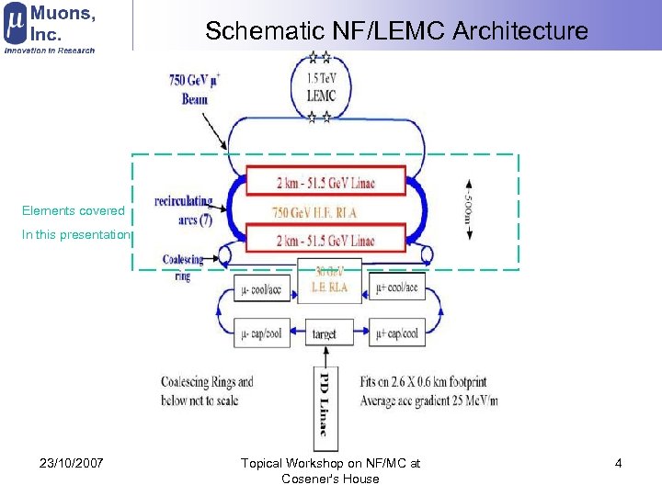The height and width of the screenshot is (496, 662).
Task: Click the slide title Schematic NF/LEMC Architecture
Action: click(396, 30)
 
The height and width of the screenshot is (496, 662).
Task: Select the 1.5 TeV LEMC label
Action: click(321, 88)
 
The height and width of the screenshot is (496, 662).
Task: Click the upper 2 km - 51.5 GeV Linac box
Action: click(325, 182)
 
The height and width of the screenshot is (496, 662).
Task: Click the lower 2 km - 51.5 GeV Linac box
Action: click(325, 241)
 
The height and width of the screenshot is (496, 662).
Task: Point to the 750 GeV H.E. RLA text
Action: click(314, 212)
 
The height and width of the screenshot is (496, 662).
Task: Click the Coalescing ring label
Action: click(183, 266)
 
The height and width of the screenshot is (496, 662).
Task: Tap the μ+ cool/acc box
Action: click(396, 287)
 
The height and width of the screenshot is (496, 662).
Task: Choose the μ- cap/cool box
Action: click(262, 333)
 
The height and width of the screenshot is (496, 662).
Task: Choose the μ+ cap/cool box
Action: click(396, 333)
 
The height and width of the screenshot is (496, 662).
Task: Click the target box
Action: click(324, 334)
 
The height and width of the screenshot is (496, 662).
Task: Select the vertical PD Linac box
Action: click(324, 408)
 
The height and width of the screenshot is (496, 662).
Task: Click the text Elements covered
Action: click(73, 211)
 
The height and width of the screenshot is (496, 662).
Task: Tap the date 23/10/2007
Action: click(72, 463)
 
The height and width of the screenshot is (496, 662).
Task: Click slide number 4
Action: click(618, 463)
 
